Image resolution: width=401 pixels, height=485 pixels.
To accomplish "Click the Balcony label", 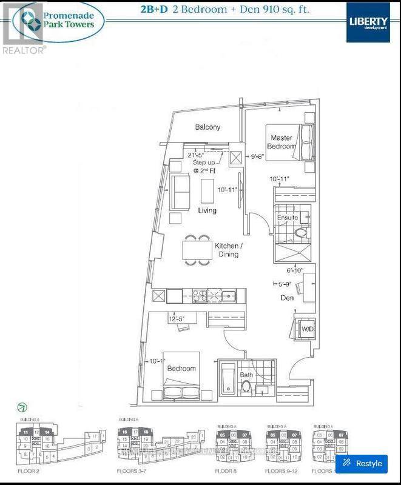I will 207,127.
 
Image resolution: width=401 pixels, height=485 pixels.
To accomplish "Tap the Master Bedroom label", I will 282,142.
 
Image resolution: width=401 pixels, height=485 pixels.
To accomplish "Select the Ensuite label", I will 287,217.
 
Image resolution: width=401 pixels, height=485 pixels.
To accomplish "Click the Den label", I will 287,298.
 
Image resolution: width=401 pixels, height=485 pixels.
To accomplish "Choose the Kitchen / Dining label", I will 228,250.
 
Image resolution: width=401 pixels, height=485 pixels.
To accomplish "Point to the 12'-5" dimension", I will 177,318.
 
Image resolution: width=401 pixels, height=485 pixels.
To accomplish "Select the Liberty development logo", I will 368,21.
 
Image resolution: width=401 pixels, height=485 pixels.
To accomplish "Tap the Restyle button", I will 362,463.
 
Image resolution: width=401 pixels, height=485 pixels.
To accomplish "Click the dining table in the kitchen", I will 197,250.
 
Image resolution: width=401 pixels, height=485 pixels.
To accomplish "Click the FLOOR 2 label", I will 25,470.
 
